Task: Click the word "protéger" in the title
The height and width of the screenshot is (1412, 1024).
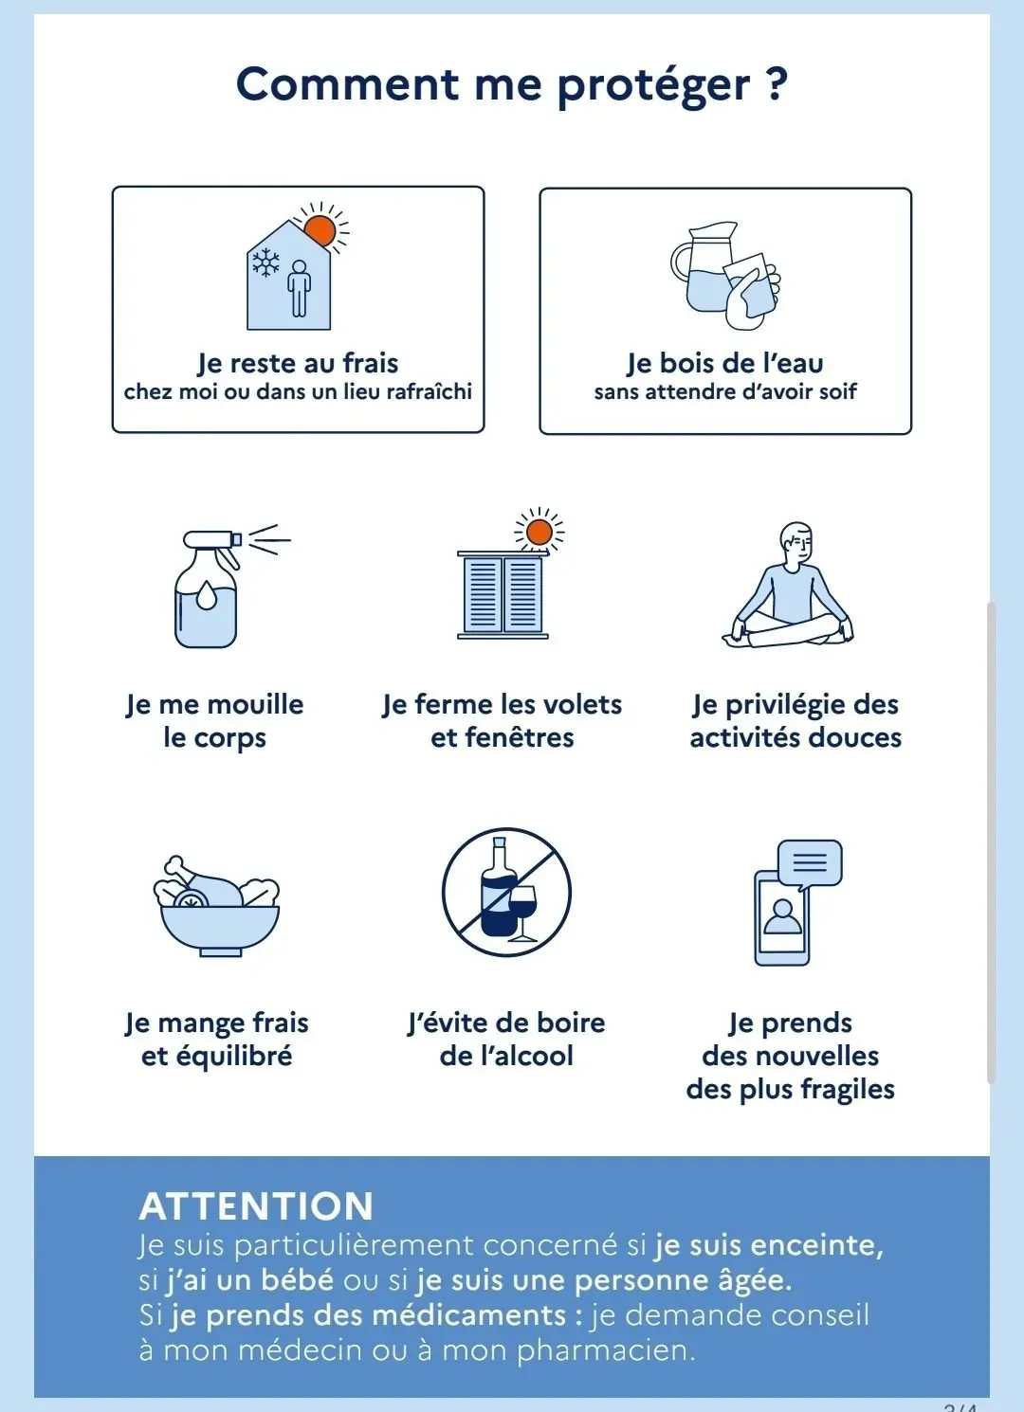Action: (653, 86)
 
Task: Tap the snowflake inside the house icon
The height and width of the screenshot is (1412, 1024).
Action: (266, 262)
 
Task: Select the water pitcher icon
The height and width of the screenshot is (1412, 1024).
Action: (703, 266)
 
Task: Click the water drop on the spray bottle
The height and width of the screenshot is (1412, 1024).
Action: (206, 596)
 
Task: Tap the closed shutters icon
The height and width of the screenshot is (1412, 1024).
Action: (503, 595)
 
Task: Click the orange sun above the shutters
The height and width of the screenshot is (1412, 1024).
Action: (539, 532)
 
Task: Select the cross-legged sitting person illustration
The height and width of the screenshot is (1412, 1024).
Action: (788, 585)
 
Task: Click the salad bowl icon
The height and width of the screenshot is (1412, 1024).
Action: (216, 907)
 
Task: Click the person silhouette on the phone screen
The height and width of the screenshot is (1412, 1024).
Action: (782, 916)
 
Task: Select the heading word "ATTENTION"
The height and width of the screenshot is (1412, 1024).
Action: (257, 1206)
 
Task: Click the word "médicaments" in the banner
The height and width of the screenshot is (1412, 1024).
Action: (468, 1315)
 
